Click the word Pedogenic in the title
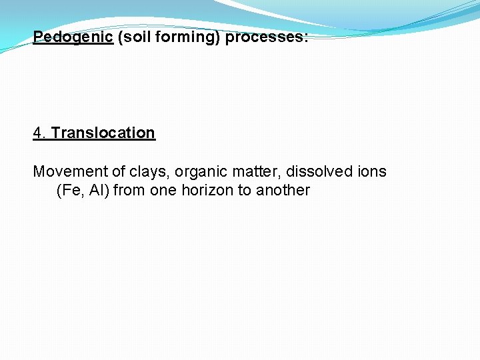(x=73, y=37)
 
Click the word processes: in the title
(x=267, y=37)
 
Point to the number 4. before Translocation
(x=40, y=133)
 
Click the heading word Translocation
(x=103, y=133)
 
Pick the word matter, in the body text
(x=255, y=171)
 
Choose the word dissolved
(x=319, y=171)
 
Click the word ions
(x=371, y=171)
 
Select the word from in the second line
(x=128, y=190)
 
